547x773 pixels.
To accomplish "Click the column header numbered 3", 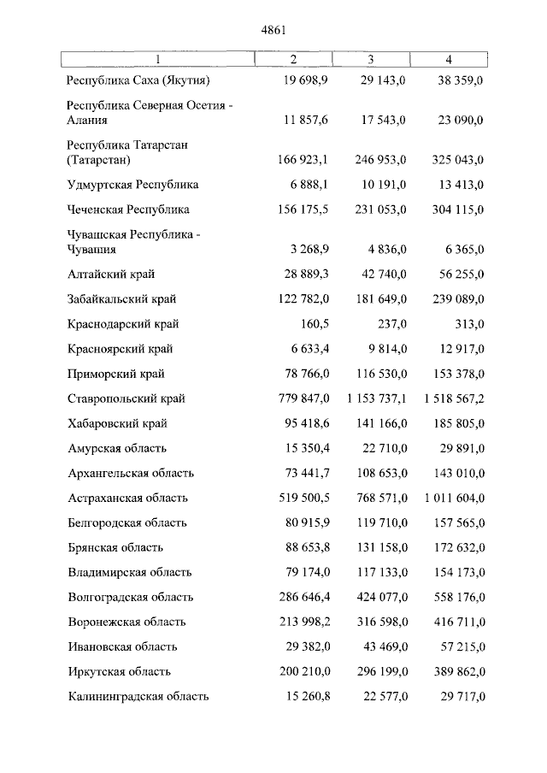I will [x=370, y=59].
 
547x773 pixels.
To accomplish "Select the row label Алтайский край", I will [x=110, y=274].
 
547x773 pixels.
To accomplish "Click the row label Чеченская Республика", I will [x=127, y=209].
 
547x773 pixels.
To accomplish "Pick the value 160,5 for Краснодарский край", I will [x=313, y=324].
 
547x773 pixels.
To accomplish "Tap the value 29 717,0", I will [x=462, y=697].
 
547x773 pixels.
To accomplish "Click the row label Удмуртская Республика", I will [x=132, y=185].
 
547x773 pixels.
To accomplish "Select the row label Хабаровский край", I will [x=116, y=423].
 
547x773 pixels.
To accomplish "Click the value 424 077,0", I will [x=377, y=597].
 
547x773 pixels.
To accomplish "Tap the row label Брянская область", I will [x=115, y=547].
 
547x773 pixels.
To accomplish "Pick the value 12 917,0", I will [x=462, y=349].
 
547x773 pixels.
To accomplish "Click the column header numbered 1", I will [x=157, y=59].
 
